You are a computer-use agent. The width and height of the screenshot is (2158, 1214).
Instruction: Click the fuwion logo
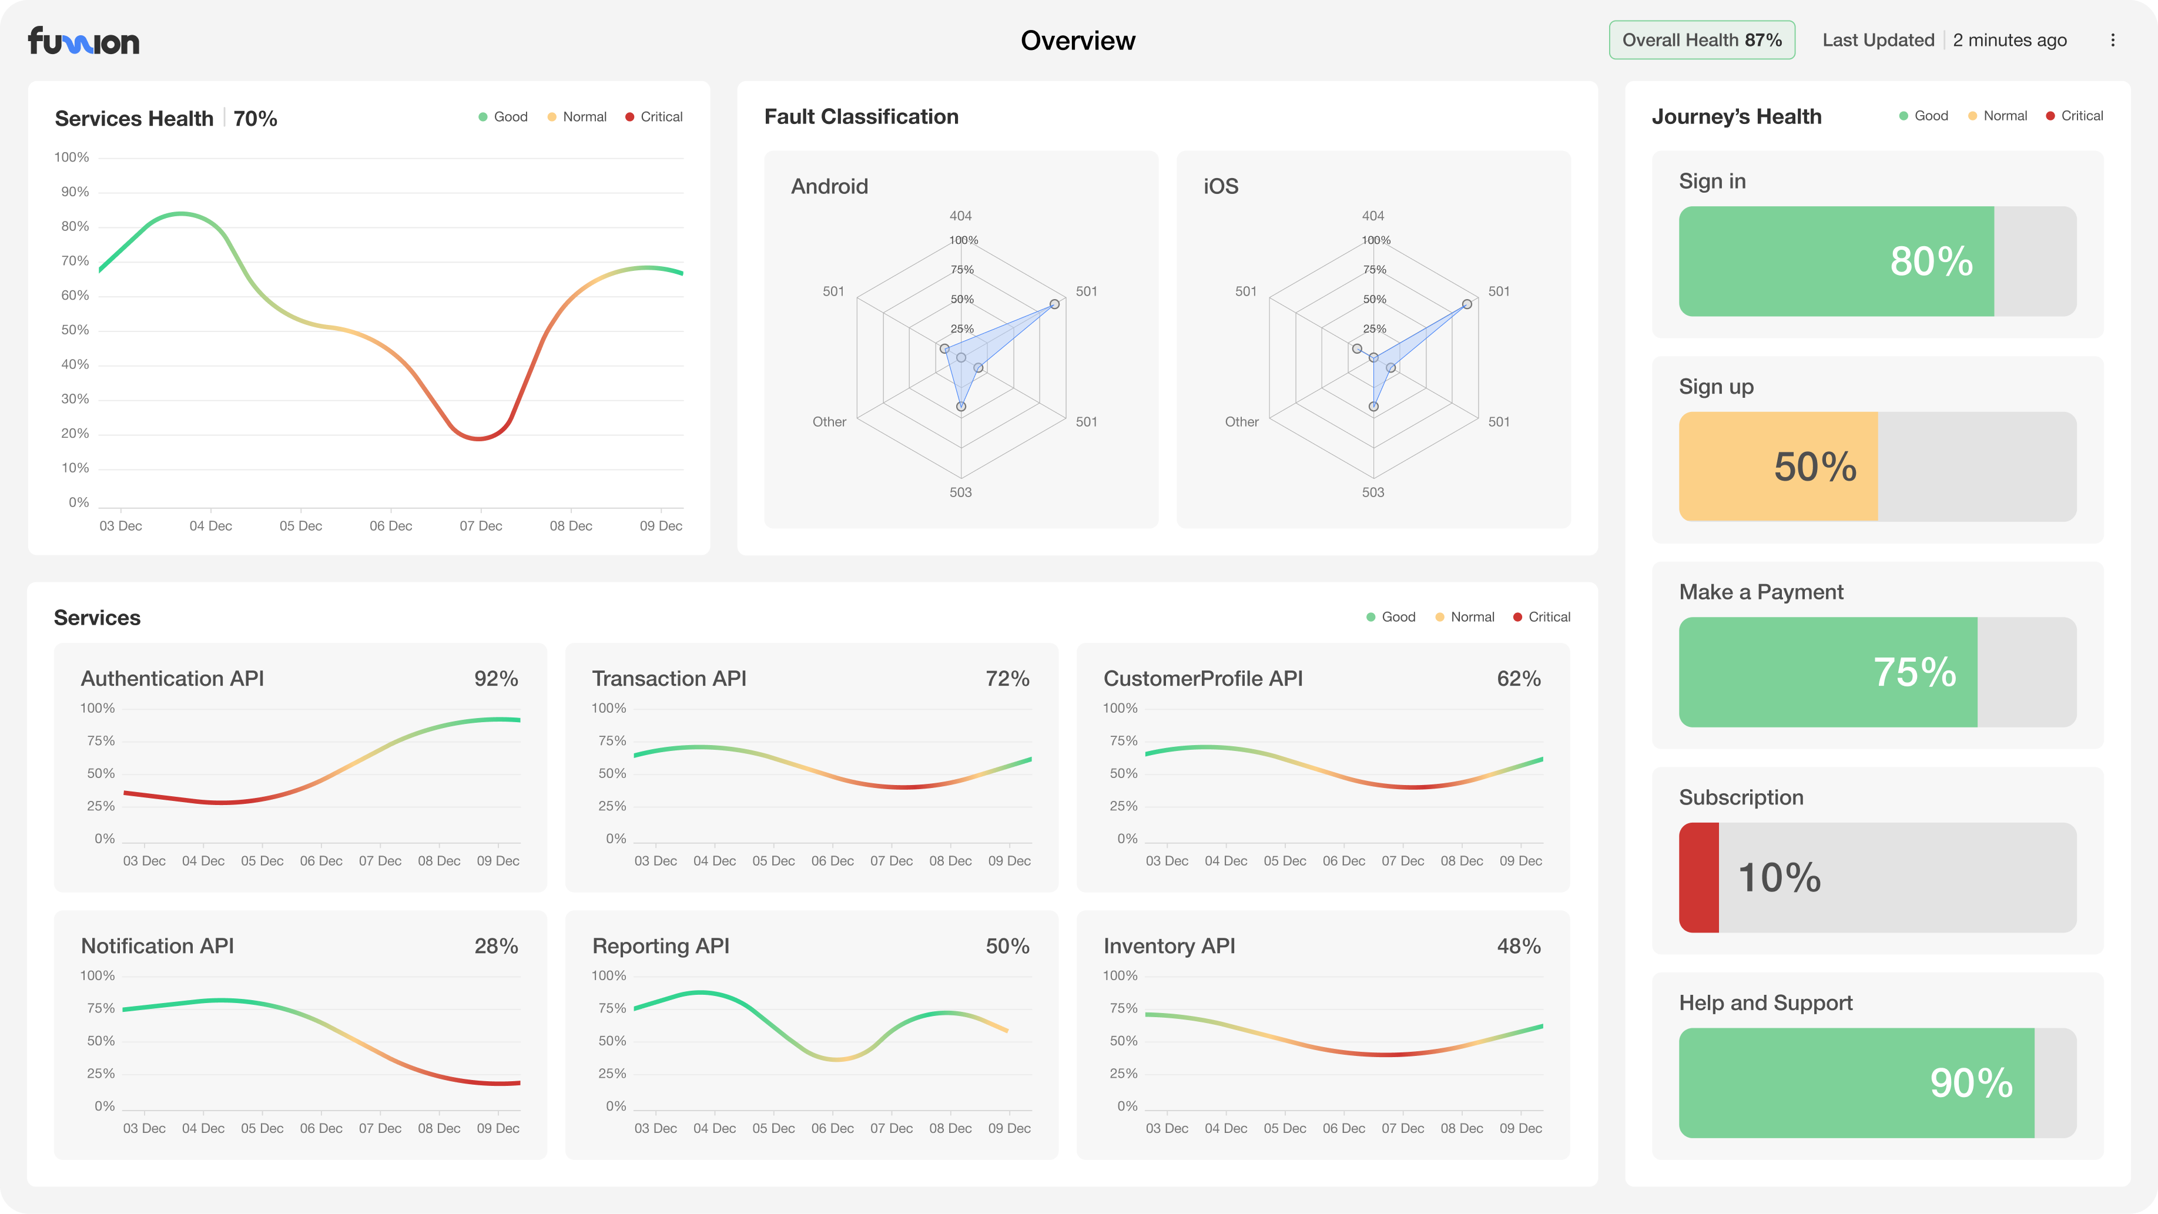(84, 41)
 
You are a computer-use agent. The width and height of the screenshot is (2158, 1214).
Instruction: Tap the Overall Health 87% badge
(1701, 40)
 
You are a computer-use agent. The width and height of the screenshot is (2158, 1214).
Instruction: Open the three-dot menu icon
(2113, 40)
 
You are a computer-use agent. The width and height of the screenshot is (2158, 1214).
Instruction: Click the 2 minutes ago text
(2010, 40)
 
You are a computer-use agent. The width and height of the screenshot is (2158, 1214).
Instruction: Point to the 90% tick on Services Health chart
(75, 192)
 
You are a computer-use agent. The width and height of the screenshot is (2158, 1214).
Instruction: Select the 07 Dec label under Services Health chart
(481, 526)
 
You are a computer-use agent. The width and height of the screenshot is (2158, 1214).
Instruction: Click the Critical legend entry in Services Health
(654, 116)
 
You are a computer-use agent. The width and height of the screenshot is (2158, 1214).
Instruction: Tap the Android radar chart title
(829, 186)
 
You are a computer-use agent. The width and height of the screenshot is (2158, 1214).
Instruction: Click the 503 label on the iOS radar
(1373, 492)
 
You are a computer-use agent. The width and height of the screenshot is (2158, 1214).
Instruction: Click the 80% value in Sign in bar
(1931, 261)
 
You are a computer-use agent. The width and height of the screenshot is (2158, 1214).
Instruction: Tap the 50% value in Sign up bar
(1815, 467)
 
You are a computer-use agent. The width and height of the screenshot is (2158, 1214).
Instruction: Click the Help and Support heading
(1765, 1003)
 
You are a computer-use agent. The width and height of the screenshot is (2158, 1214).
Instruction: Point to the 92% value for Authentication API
(496, 679)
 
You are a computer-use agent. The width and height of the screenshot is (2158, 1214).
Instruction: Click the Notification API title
(158, 946)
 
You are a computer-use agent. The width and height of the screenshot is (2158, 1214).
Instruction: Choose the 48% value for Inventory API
(1518, 946)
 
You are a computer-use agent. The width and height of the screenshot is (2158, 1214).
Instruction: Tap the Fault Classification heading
(861, 116)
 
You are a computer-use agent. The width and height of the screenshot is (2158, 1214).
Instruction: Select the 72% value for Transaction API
(1007, 679)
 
